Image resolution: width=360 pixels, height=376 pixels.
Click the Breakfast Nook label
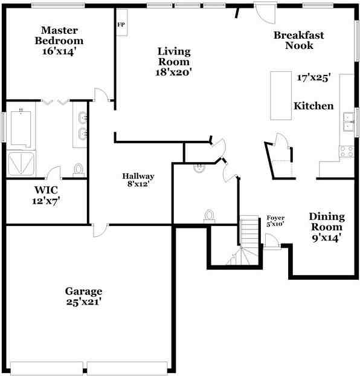(x=298, y=40)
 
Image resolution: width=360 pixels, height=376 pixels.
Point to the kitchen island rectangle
(x=279, y=96)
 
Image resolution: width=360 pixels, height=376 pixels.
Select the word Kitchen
(x=313, y=106)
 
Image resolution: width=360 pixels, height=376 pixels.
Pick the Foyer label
(x=275, y=218)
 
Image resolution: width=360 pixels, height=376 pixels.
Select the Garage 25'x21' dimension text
(x=83, y=302)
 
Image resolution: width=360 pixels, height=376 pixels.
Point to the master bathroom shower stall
(x=22, y=164)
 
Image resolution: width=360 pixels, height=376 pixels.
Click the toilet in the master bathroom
(x=79, y=169)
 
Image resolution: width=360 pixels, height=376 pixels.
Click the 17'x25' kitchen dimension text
(x=312, y=78)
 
